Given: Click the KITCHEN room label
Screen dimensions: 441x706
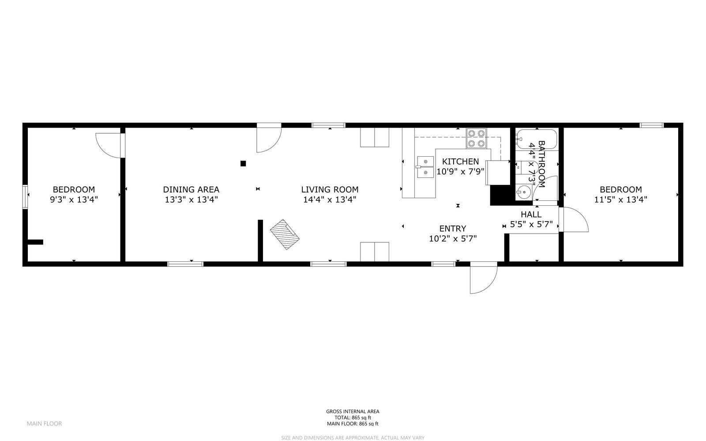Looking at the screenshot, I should pos(460,162).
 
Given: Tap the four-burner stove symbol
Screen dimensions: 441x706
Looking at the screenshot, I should pos(477,138).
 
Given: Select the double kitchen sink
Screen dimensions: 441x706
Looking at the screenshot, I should pos(425,167).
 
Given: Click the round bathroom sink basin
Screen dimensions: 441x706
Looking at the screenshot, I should pos(524,192).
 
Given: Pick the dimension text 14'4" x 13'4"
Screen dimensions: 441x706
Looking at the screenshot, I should pos(330,199).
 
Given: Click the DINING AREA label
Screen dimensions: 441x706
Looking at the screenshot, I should pos(191,189).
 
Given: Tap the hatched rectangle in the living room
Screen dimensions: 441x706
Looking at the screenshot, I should pos(285,234).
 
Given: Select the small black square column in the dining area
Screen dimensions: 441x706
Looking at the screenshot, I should pos(243,163).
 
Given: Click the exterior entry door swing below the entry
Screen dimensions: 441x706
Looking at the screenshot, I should pos(483,278).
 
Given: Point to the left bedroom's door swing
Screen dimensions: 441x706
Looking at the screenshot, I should pos(108,143).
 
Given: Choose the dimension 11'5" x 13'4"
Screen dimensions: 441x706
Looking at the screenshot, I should pos(620,199).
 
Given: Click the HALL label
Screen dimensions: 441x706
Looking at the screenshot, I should pos(531,215).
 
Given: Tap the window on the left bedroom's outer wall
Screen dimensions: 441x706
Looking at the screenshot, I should pos(26,196).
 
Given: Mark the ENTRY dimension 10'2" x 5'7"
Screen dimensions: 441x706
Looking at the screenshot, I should pos(453,239).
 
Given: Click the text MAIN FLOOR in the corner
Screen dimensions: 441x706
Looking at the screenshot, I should pos(44,423).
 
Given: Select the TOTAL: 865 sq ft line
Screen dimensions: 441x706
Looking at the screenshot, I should pos(353,418).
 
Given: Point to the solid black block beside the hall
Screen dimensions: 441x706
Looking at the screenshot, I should pos(499,195).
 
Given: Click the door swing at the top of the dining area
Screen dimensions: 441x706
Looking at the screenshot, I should pos(268,139).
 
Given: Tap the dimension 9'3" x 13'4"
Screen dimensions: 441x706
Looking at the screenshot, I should pos(74,199).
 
